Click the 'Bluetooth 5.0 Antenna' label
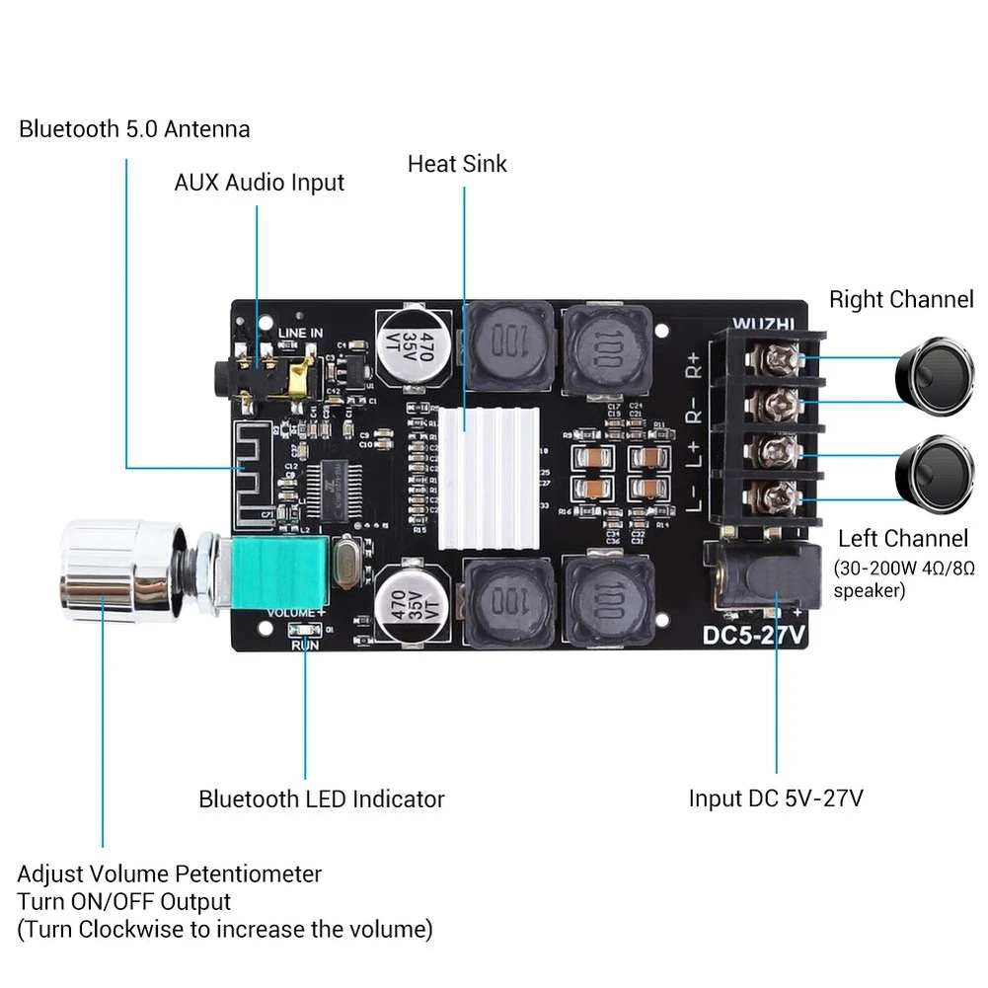point(134,129)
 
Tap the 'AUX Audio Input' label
point(260,183)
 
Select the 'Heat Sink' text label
point(457,163)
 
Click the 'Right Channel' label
point(900,299)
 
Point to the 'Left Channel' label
point(902,539)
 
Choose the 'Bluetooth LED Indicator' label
point(322,798)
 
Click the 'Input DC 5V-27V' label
point(776,798)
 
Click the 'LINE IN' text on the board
point(299,334)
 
